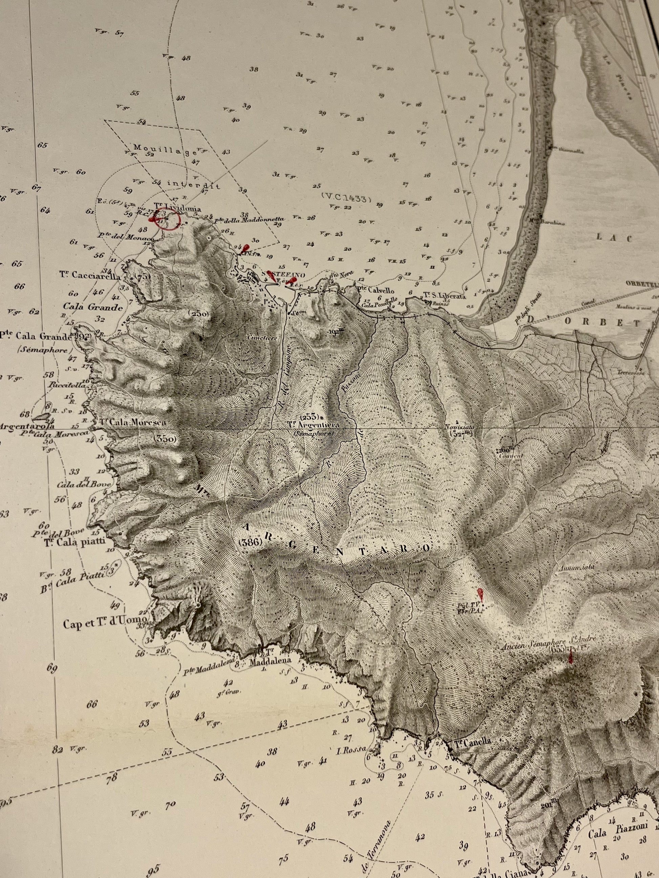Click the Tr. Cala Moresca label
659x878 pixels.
pos(133,422)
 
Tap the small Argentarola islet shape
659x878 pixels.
pos(39,417)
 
